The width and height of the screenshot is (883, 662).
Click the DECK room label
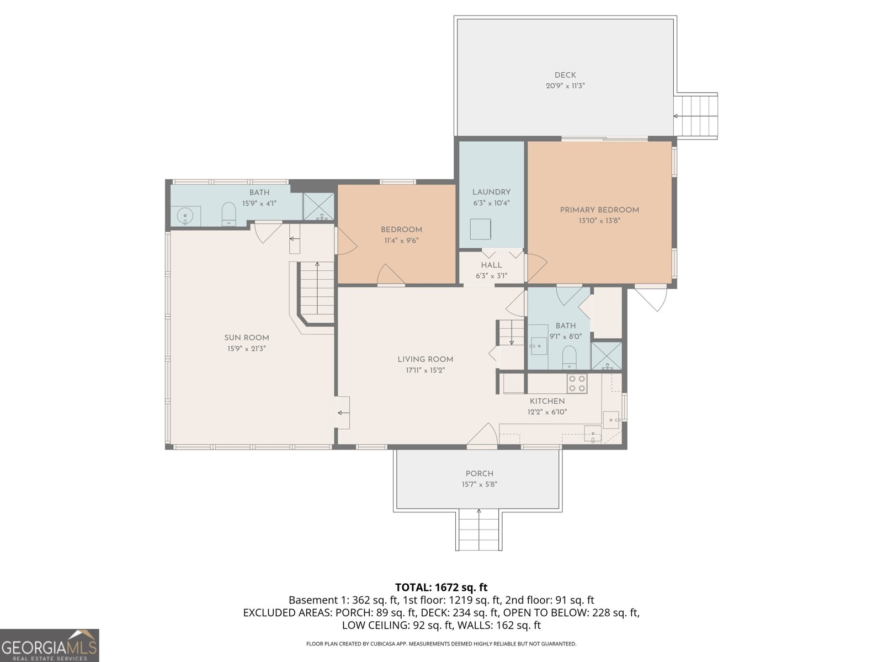coord(565,75)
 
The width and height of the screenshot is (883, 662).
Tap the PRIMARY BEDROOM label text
coord(599,210)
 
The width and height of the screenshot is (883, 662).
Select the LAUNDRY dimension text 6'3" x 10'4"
coord(491,202)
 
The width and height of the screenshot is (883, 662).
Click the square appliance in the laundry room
coord(480,229)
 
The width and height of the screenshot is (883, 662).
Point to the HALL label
coord(491,265)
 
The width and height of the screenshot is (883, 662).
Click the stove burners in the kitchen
coord(577,383)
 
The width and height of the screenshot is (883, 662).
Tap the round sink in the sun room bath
coord(185,216)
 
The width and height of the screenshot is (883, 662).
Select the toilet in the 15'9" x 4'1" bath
coord(228,214)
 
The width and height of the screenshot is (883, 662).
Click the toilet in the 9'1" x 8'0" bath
coord(569,357)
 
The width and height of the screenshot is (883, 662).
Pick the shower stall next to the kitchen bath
coord(606,356)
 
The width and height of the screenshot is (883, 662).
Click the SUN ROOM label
coord(247,338)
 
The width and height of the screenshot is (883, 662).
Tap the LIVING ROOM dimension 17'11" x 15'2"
coord(425,370)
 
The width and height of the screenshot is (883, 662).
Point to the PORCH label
coord(479,473)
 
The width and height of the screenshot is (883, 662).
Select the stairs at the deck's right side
coord(697,116)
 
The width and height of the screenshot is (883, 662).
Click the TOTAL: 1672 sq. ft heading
coord(441,588)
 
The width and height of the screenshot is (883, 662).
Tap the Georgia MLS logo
coord(49,645)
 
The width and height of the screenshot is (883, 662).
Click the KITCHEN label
coord(547,401)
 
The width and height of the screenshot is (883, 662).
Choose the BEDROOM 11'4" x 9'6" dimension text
coord(401,240)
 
